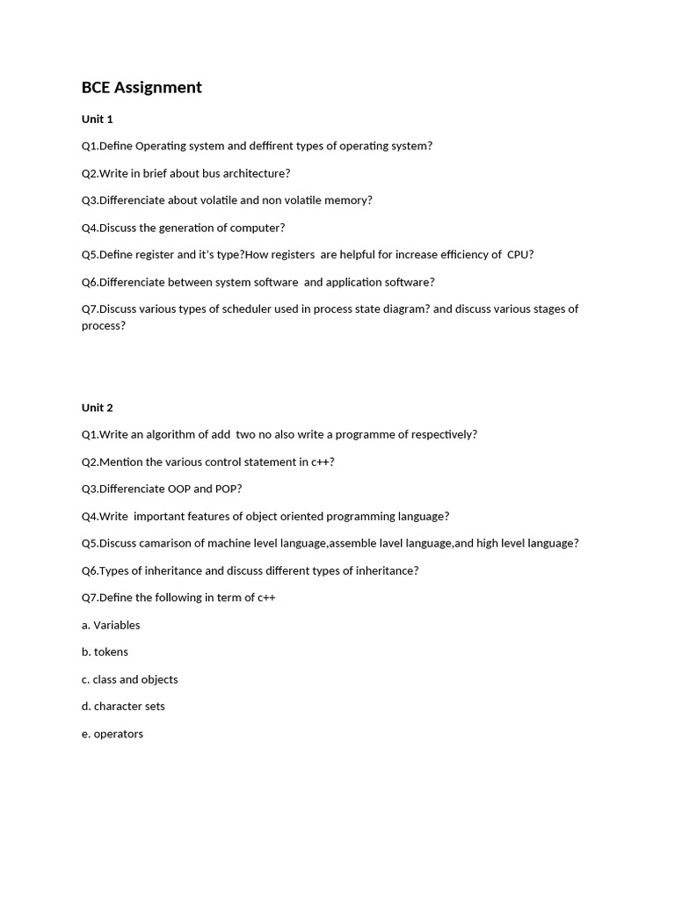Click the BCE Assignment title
pos(142,87)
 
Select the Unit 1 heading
pos(98,119)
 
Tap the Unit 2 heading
pos(98,407)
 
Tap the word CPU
pos(519,255)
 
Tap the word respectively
pos(439,434)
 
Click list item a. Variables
pos(111,625)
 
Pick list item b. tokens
pos(105,652)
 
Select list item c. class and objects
pos(129,679)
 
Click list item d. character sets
pos(123,707)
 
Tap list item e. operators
pos(112,734)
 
